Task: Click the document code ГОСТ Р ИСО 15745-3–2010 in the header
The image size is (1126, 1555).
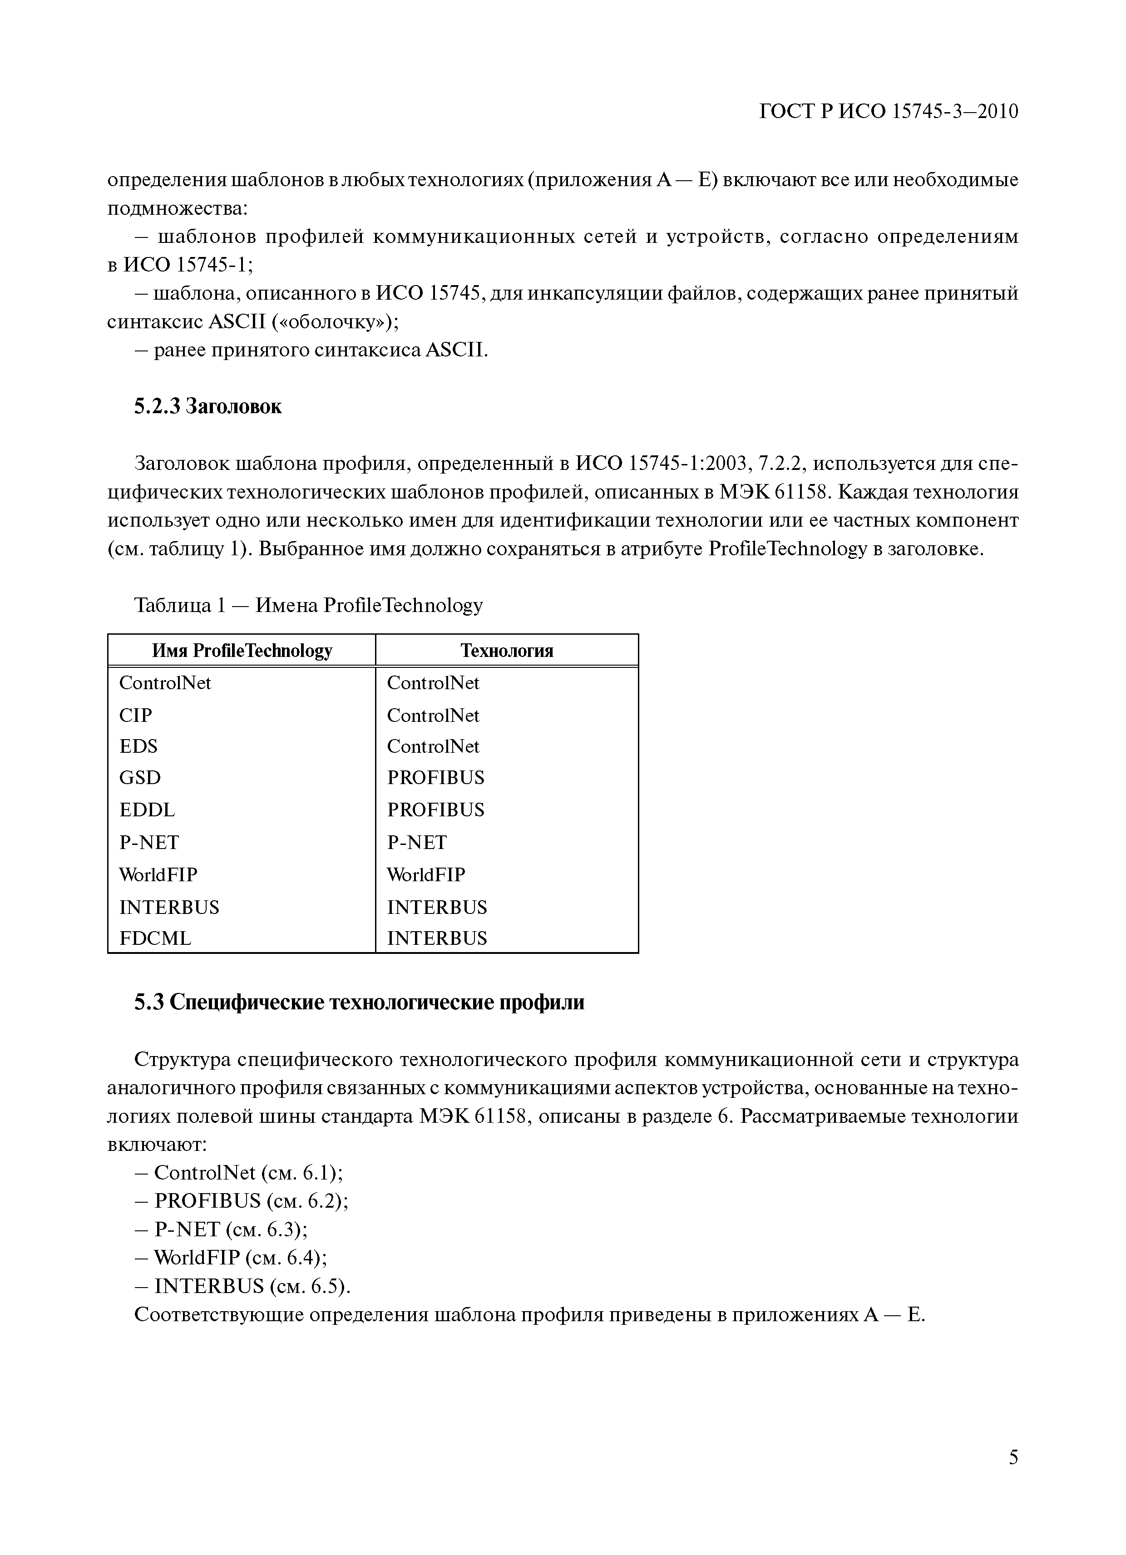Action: point(889,111)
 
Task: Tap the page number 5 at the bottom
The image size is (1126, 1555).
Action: point(1013,1476)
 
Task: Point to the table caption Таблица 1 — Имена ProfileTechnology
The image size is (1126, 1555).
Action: point(309,605)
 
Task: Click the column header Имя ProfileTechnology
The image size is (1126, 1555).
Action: point(242,650)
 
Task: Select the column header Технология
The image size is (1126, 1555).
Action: point(506,650)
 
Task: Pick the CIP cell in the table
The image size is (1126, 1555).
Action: point(136,715)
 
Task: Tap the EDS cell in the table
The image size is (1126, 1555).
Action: point(138,746)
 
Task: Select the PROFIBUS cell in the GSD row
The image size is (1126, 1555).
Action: point(435,777)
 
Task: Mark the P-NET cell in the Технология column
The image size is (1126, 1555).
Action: point(416,842)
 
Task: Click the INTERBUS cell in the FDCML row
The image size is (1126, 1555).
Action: point(437,938)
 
